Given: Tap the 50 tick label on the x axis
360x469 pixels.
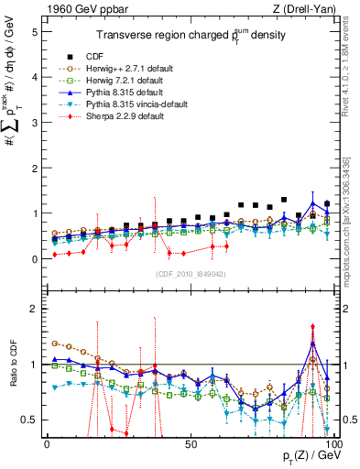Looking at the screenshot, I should pyautogui.click(x=191, y=444).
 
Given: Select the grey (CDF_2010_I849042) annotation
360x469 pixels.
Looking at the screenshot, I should pyautogui.click(x=191, y=273).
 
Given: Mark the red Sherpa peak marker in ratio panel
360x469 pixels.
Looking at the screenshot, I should pyautogui.click(x=312, y=326).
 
